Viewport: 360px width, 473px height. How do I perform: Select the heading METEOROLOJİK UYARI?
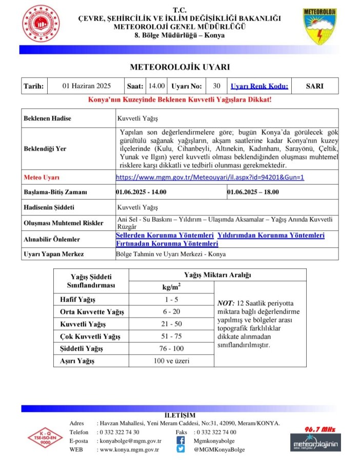179,67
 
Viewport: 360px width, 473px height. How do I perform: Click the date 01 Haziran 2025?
86,86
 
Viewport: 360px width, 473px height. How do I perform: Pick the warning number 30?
216,86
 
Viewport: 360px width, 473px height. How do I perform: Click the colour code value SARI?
314,86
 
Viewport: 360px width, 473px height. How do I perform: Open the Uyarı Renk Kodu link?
259,86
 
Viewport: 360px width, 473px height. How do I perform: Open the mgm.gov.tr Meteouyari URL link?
210,178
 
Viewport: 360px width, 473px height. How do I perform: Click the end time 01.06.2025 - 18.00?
253,192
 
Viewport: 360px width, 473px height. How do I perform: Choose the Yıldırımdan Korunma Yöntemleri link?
271,235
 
